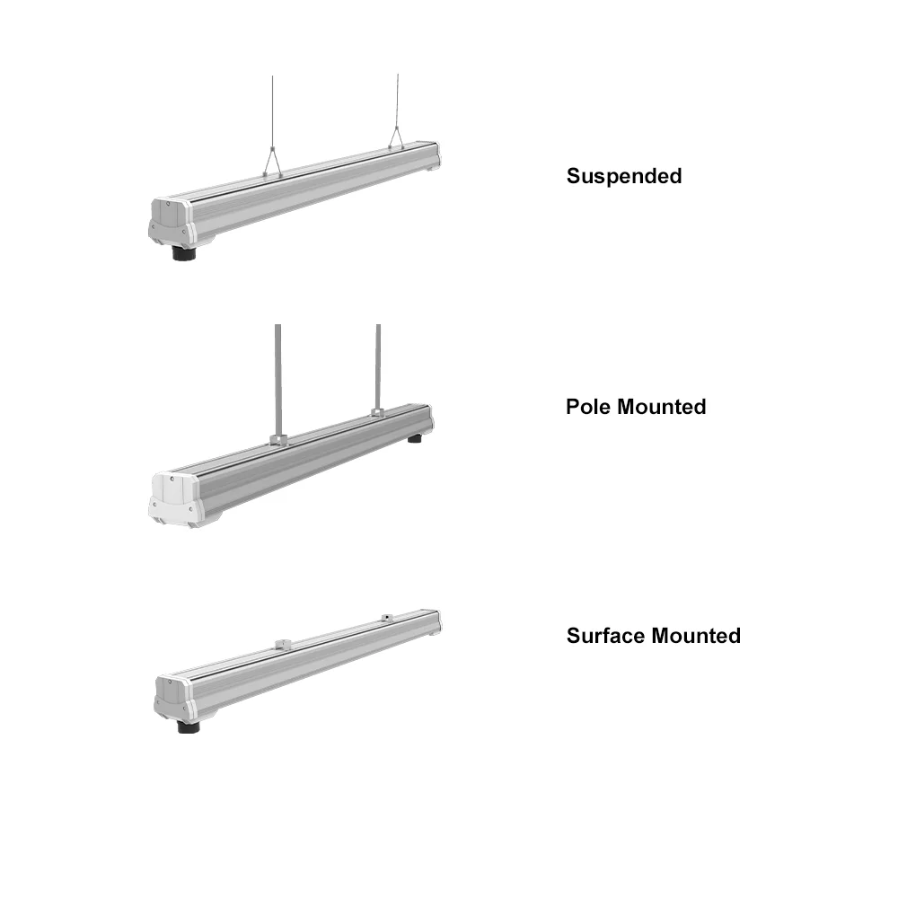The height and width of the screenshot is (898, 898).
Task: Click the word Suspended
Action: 623,176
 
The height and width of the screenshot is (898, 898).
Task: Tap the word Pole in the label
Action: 587,407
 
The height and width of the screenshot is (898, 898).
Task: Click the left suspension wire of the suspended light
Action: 273,108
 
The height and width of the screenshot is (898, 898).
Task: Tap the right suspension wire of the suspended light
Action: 396,99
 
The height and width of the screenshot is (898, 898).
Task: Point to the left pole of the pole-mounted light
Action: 278,377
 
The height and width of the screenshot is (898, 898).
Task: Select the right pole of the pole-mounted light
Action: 378,364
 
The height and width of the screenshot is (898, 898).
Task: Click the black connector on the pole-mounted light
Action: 416,438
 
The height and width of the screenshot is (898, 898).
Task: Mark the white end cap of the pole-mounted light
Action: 172,498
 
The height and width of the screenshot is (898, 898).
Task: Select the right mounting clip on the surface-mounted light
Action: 386,617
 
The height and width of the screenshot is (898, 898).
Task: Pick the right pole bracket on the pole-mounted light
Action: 377,414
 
